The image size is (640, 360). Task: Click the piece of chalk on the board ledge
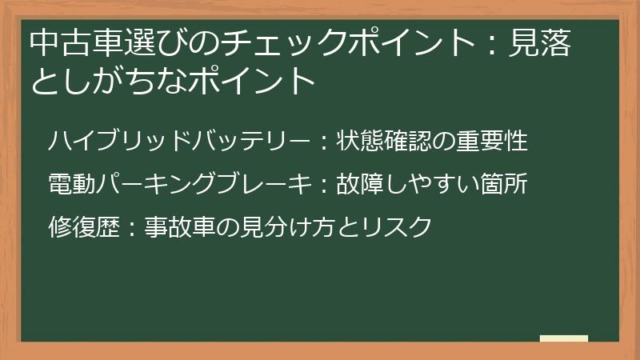pyautogui.click(x=563, y=339)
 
